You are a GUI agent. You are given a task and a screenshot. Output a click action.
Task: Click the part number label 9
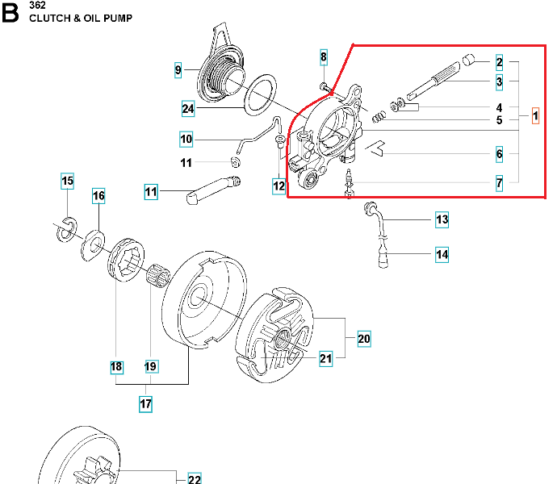(178, 70)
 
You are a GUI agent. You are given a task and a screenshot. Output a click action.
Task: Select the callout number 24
(187, 108)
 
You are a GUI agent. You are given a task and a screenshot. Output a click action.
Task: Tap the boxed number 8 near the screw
(324, 57)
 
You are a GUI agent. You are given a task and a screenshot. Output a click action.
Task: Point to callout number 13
(442, 219)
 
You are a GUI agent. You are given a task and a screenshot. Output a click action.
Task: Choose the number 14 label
(442, 255)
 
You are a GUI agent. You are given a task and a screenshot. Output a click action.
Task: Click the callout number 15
(68, 181)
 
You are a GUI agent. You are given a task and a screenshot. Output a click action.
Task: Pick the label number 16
(98, 196)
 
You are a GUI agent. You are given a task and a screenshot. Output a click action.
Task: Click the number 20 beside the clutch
(364, 339)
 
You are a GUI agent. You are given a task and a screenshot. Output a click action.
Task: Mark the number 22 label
(195, 479)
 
